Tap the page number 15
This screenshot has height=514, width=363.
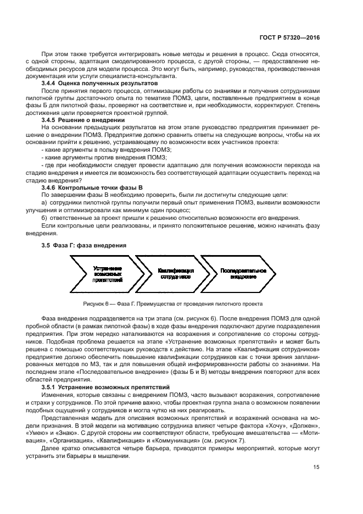(x=315, y=467)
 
